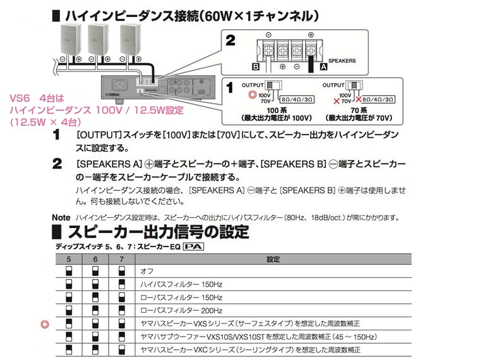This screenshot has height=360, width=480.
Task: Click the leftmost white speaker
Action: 71,40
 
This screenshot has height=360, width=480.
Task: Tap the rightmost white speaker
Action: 130,40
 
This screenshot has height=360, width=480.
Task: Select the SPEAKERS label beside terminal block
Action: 342,61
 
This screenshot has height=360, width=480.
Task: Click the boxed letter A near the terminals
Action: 323,66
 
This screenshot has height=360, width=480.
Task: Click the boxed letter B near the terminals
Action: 256,66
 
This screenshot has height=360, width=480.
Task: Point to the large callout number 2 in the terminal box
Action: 231,40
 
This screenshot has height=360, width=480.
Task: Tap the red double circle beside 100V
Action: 252,95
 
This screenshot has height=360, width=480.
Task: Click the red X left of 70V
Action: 337,100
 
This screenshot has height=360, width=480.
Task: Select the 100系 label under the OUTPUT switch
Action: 277,110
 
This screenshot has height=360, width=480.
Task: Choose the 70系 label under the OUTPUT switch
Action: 359,110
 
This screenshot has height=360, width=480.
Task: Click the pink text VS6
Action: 20,99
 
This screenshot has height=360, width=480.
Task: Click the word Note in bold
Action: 61,218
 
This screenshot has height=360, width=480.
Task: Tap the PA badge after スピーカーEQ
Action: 193,246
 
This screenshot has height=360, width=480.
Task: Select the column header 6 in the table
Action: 95,260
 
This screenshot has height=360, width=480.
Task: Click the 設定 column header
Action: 273,260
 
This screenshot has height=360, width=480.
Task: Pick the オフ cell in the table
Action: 147,271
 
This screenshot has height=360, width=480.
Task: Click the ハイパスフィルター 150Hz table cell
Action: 181,284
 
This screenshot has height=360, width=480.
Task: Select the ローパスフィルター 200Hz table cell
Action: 181,310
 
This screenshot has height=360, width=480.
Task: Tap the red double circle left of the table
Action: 45,324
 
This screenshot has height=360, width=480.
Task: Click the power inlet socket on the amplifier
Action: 120,85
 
